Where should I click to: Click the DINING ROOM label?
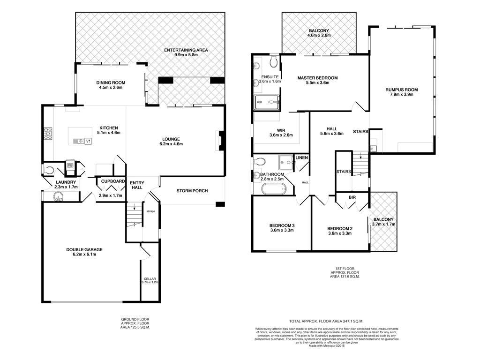coord(111,82)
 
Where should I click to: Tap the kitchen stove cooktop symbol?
coord(48,134)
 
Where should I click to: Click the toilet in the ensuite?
coord(274,61)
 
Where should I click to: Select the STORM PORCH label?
coord(192,191)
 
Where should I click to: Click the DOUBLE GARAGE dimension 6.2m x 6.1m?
coord(84,255)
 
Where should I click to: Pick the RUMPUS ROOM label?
coord(401,90)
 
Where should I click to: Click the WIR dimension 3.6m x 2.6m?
coord(281,135)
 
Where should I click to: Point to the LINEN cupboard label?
coord(302,158)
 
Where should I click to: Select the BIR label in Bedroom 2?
coord(352,198)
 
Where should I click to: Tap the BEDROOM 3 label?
coord(282,225)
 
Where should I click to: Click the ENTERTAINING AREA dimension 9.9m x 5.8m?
coord(186,55)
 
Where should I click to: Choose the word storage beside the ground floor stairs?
coord(150,211)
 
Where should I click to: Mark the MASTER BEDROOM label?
coord(318,78)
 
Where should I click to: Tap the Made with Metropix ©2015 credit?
coord(327,346)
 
